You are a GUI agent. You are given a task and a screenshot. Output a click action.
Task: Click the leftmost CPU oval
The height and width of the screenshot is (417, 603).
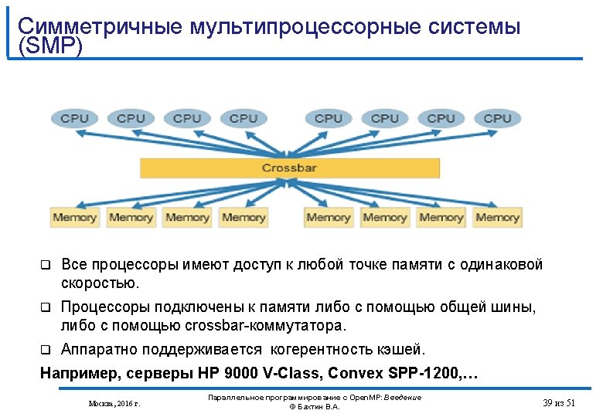[74, 118]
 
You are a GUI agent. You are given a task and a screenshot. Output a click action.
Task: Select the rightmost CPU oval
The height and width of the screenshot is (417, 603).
[497, 118]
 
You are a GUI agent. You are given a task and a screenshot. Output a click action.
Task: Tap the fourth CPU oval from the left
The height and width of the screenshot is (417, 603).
[244, 118]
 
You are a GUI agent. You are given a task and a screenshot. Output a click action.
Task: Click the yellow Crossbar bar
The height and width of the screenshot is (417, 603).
[288, 168]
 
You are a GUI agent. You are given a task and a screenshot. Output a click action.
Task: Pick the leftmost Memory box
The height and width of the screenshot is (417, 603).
[74, 217]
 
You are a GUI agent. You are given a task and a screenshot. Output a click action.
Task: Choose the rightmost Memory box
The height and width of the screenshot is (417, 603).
[497, 217]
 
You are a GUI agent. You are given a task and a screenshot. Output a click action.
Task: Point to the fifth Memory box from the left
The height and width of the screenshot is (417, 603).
[328, 217]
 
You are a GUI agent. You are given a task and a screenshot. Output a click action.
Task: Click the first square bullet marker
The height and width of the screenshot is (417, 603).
[45, 266]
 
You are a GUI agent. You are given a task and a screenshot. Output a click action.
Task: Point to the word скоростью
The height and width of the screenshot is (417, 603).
[100, 283]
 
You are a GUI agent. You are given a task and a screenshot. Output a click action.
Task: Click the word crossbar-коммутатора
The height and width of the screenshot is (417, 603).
[263, 325]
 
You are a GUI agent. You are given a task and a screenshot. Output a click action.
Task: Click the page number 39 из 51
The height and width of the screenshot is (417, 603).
[559, 402]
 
